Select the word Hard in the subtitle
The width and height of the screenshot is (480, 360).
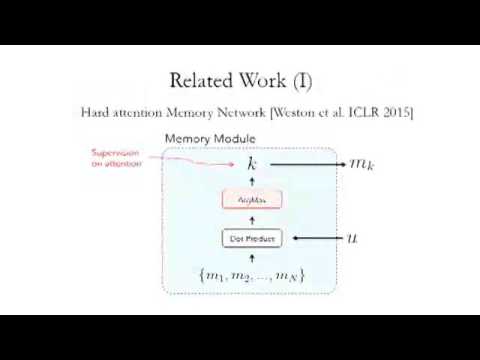(x=96, y=112)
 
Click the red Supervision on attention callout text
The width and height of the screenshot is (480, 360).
(x=117, y=158)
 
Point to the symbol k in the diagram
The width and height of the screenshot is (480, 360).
(x=252, y=163)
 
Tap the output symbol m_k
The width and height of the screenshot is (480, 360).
(x=358, y=163)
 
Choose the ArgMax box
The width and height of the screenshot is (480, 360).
(x=252, y=200)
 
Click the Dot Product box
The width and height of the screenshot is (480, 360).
(x=252, y=239)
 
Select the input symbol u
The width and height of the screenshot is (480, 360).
(x=352, y=239)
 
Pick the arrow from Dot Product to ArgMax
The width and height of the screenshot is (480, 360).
(x=252, y=220)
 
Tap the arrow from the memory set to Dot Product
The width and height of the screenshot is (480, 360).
(x=252, y=257)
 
